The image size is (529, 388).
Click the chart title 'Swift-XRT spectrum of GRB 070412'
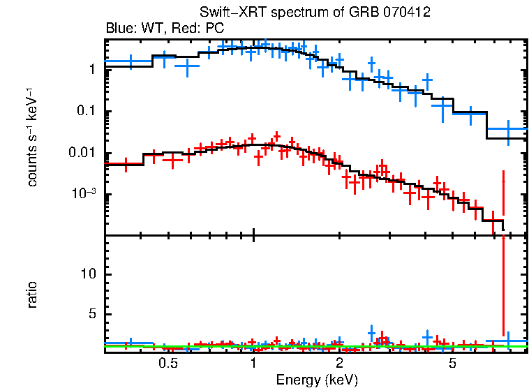315,12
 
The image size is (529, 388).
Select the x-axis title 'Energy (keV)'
317,380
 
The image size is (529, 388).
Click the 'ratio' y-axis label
31,294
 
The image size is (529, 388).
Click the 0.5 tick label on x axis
167,363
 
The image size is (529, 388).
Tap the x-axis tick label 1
253,363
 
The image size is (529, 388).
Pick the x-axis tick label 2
339,363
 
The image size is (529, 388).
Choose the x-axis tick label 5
452,363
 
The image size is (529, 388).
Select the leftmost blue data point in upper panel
131,61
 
